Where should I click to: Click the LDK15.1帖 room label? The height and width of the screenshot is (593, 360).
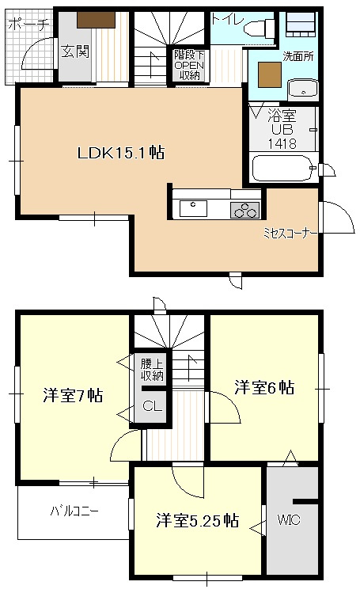tap(120, 153)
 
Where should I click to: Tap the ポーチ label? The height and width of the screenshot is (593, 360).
tap(28, 25)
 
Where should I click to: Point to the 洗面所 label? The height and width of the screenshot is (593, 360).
tap(298, 56)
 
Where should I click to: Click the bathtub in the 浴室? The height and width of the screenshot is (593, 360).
tap(282, 169)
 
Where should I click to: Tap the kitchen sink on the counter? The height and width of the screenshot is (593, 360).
tap(193, 208)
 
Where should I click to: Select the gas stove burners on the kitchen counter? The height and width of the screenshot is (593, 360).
tap(244, 210)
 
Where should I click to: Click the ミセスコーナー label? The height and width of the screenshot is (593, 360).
tap(290, 234)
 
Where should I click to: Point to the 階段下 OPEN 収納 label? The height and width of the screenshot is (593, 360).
tap(190, 66)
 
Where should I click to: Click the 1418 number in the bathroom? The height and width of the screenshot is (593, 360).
tap(282, 143)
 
